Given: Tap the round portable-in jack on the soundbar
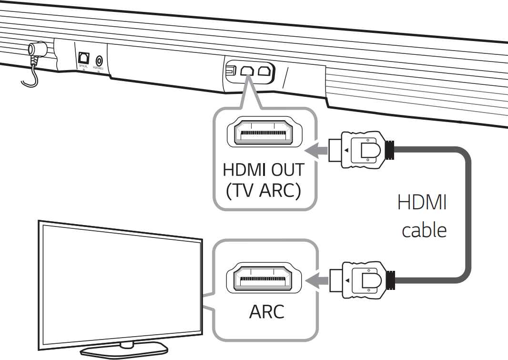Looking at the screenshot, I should coord(99,61).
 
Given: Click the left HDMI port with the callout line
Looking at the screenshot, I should coord(246,71).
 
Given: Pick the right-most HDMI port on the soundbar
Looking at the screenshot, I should coord(264,71).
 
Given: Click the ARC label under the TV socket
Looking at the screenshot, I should coord(266,312).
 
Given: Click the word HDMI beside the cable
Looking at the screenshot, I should coord(422,203).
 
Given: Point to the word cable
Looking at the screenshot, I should coord(424,230).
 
